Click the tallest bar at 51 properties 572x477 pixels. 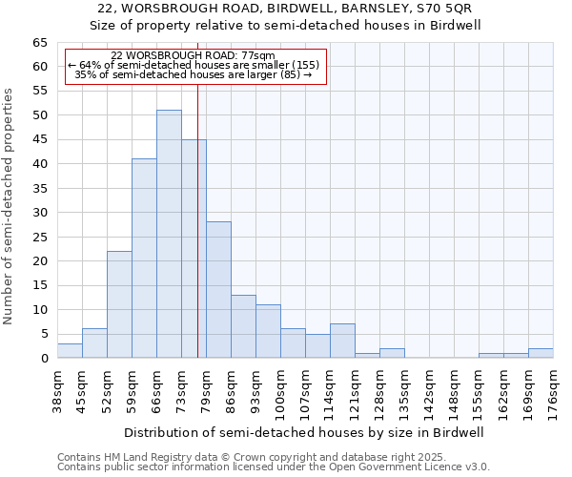click(x=169, y=234)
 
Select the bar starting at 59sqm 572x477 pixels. click(x=144, y=258)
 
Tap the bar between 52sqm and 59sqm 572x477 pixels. click(x=119, y=304)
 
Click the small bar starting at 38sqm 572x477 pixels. click(x=70, y=351)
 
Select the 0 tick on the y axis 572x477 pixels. click(x=43, y=359)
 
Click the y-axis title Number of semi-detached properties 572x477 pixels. click(x=10, y=205)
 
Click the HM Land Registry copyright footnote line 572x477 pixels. click(x=245, y=457)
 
